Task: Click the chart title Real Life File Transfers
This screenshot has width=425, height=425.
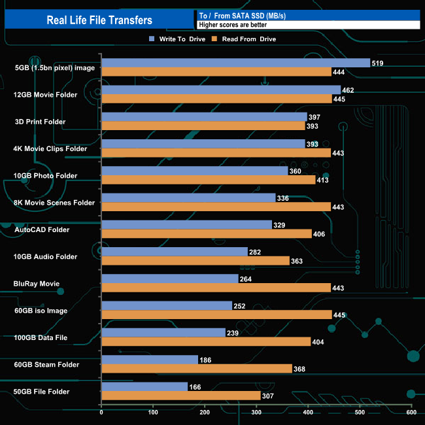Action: pyautogui.click(x=99, y=20)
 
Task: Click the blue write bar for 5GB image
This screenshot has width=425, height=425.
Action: pyautogui.click(x=235, y=63)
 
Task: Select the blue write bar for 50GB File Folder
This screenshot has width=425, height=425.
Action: pyautogui.click(x=144, y=386)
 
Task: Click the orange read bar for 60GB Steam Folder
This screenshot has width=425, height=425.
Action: pyautogui.click(x=196, y=368)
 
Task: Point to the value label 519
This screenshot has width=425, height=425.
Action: pyautogui.click(x=377, y=63)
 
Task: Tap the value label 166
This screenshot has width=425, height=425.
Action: pyautogui.click(x=195, y=387)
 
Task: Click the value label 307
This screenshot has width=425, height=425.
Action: pyautogui.click(x=268, y=396)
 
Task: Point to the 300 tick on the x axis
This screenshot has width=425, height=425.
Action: pyautogui.click(x=256, y=412)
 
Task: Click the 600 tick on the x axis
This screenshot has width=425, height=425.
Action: pyautogui.click(x=411, y=412)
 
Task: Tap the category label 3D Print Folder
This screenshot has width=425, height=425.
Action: pyautogui.click(x=45, y=122)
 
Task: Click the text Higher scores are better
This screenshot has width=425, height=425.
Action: pyautogui.click(x=233, y=25)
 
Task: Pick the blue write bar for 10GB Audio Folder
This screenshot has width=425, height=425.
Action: pyautogui.click(x=175, y=252)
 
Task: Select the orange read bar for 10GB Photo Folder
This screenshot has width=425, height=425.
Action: pyautogui.click(x=208, y=180)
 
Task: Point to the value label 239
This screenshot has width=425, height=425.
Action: pyautogui.click(x=233, y=333)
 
